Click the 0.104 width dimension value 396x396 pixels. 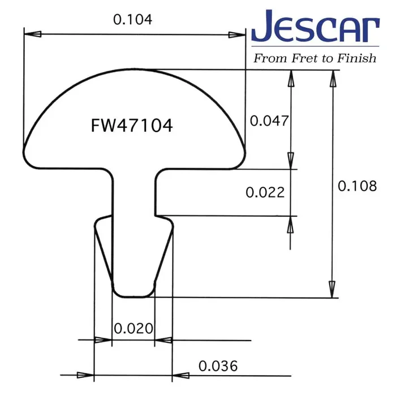tap(133, 19)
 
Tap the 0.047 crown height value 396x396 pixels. tap(269, 120)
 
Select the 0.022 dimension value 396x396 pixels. tap(265, 192)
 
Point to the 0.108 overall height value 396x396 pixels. tap(356, 186)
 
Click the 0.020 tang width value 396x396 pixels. tap(134, 328)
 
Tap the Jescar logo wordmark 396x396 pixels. tap(315, 27)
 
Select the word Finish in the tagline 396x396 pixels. tap(356, 58)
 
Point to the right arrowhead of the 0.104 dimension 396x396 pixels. tap(238, 35)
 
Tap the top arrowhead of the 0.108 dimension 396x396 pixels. tap(333, 79)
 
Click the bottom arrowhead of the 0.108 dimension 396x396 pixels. tap(333, 289)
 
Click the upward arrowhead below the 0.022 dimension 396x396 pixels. tap(291, 225)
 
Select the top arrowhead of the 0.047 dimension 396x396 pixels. tap(291, 79)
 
